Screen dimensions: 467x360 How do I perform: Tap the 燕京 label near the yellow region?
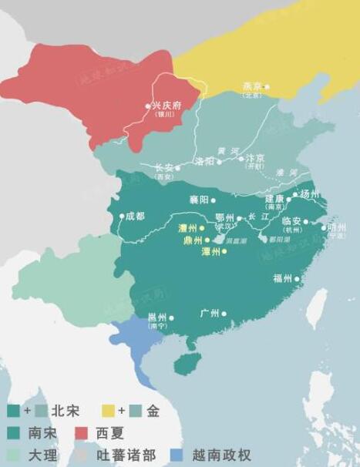pos(253,86)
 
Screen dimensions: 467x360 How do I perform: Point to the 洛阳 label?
pos(204,162)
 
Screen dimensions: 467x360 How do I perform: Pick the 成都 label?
pos(136,216)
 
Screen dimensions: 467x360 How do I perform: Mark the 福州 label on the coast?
pos(282,278)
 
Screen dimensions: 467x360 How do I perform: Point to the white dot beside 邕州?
pos(172,317)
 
